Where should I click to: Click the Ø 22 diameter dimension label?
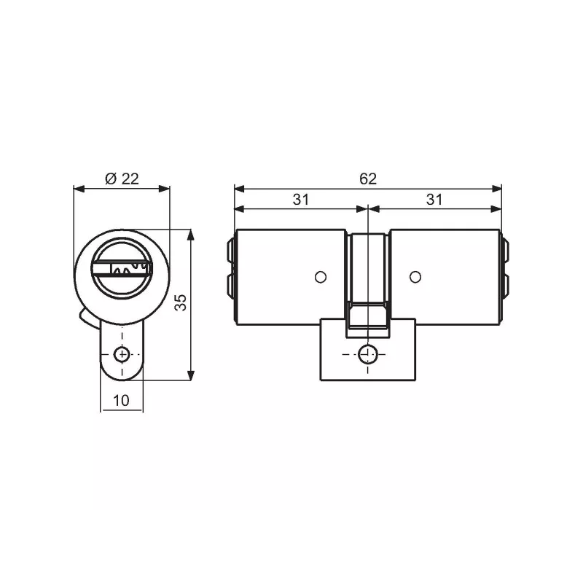122,179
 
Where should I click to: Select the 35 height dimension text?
182,303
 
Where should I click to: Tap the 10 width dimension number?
121,400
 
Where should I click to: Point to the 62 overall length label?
368,179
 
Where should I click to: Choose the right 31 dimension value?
434,200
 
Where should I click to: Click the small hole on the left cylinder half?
318,276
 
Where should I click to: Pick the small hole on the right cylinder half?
415,276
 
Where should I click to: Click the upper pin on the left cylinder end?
230,251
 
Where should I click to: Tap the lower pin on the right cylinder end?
506,286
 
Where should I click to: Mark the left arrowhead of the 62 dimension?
238,189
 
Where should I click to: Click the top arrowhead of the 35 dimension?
191,235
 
